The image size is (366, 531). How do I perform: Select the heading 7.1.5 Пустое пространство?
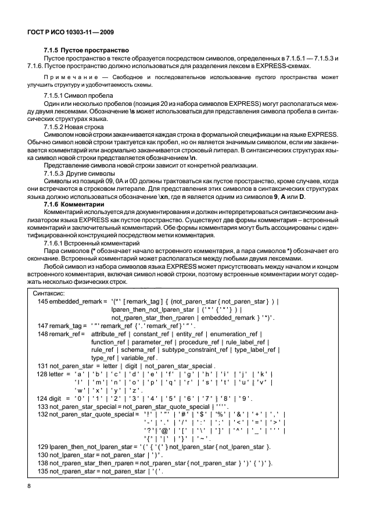[x=86, y=51]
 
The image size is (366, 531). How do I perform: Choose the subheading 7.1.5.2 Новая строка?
[x=73, y=126]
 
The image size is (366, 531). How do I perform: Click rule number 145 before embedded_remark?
[x=43, y=302]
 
